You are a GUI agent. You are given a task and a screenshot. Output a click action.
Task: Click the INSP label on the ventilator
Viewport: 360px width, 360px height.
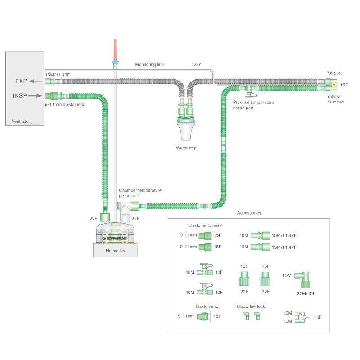(20, 95)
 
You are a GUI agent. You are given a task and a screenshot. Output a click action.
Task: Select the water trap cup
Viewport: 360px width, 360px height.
(186, 130)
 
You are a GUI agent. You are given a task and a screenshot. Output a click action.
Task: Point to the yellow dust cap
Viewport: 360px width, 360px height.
(334, 84)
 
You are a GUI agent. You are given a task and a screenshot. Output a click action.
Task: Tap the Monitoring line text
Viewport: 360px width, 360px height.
(149, 64)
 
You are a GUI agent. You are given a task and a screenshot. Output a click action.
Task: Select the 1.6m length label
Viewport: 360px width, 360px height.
(196, 64)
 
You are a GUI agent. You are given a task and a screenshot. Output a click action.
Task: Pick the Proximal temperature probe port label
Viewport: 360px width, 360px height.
(253, 105)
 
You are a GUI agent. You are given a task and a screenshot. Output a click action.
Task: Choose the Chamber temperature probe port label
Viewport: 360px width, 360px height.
(140, 193)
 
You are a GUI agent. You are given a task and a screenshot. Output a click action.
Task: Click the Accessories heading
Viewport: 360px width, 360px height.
(249, 212)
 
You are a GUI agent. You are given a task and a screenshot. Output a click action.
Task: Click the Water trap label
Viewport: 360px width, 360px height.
(186, 148)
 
